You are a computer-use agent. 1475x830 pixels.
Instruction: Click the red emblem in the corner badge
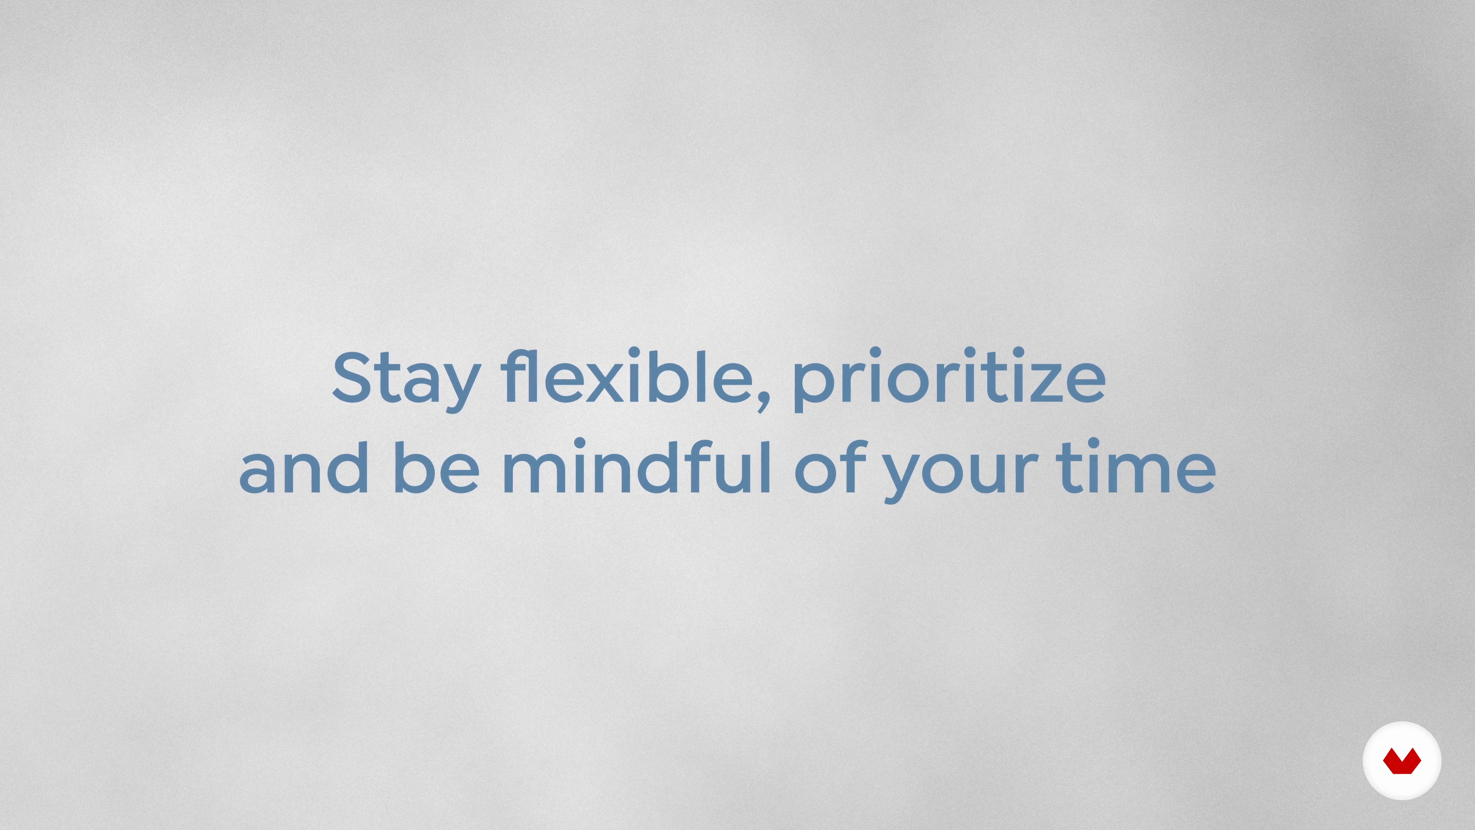[1402, 761]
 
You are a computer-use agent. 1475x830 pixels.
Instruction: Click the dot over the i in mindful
[579, 443]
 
